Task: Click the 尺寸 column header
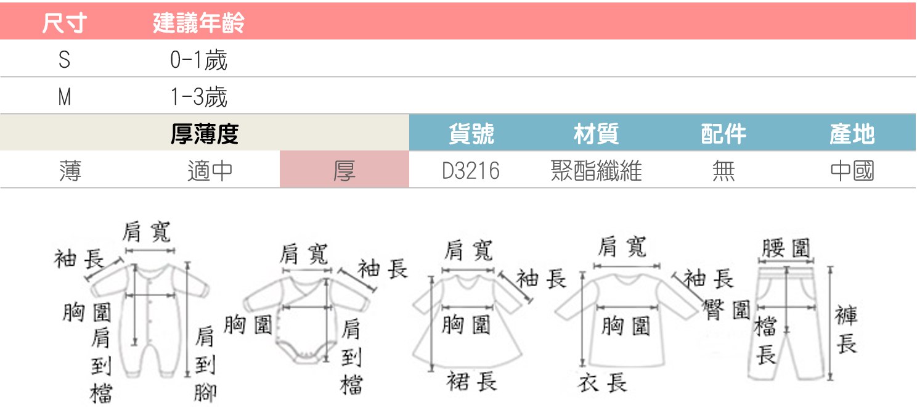[x=64, y=23]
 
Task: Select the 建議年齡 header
[x=198, y=23]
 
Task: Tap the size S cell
[x=64, y=60]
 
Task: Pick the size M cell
[x=64, y=97]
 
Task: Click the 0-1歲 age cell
[x=198, y=60]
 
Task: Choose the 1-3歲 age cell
[x=198, y=97]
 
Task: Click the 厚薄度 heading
[x=205, y=134]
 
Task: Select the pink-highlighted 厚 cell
[x=344, y=170]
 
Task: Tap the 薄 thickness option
[x=70, y=170]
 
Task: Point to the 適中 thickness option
[x=210, y=170]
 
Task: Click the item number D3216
[x=471, y=170]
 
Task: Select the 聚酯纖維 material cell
[x=596, y=170]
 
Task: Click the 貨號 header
[x=471, y=134]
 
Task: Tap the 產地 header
[x=852, y=134]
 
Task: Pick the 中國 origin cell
[x=852, y=170]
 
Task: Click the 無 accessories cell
[x=723, y=170]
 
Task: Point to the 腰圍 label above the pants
[x=786, y=248]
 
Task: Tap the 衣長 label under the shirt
[x=602, y=383]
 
